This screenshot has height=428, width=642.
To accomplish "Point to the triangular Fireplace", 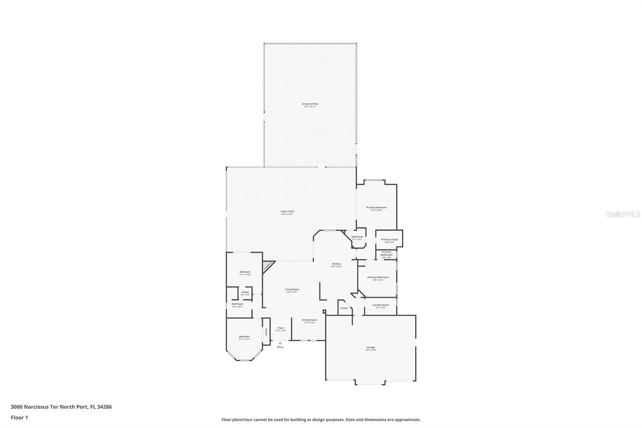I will (x=268, y=266).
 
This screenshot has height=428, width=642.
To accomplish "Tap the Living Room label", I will (x=292, y=290).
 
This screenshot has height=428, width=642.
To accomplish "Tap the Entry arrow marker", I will (x=280, y=343).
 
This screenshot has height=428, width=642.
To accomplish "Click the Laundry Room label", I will (x=380, y=306).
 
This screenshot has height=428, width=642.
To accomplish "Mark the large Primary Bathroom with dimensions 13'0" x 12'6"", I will (x=378, y=278).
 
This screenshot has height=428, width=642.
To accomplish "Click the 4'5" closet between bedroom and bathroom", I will (x=245, y=293).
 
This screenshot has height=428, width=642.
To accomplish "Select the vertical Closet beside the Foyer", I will (x=266, y=332).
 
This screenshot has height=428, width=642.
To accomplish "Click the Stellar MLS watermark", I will (x=623, y=214).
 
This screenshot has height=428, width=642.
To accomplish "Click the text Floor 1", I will (x=19, y=418).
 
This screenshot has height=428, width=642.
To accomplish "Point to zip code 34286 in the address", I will (x=105, y=407).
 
